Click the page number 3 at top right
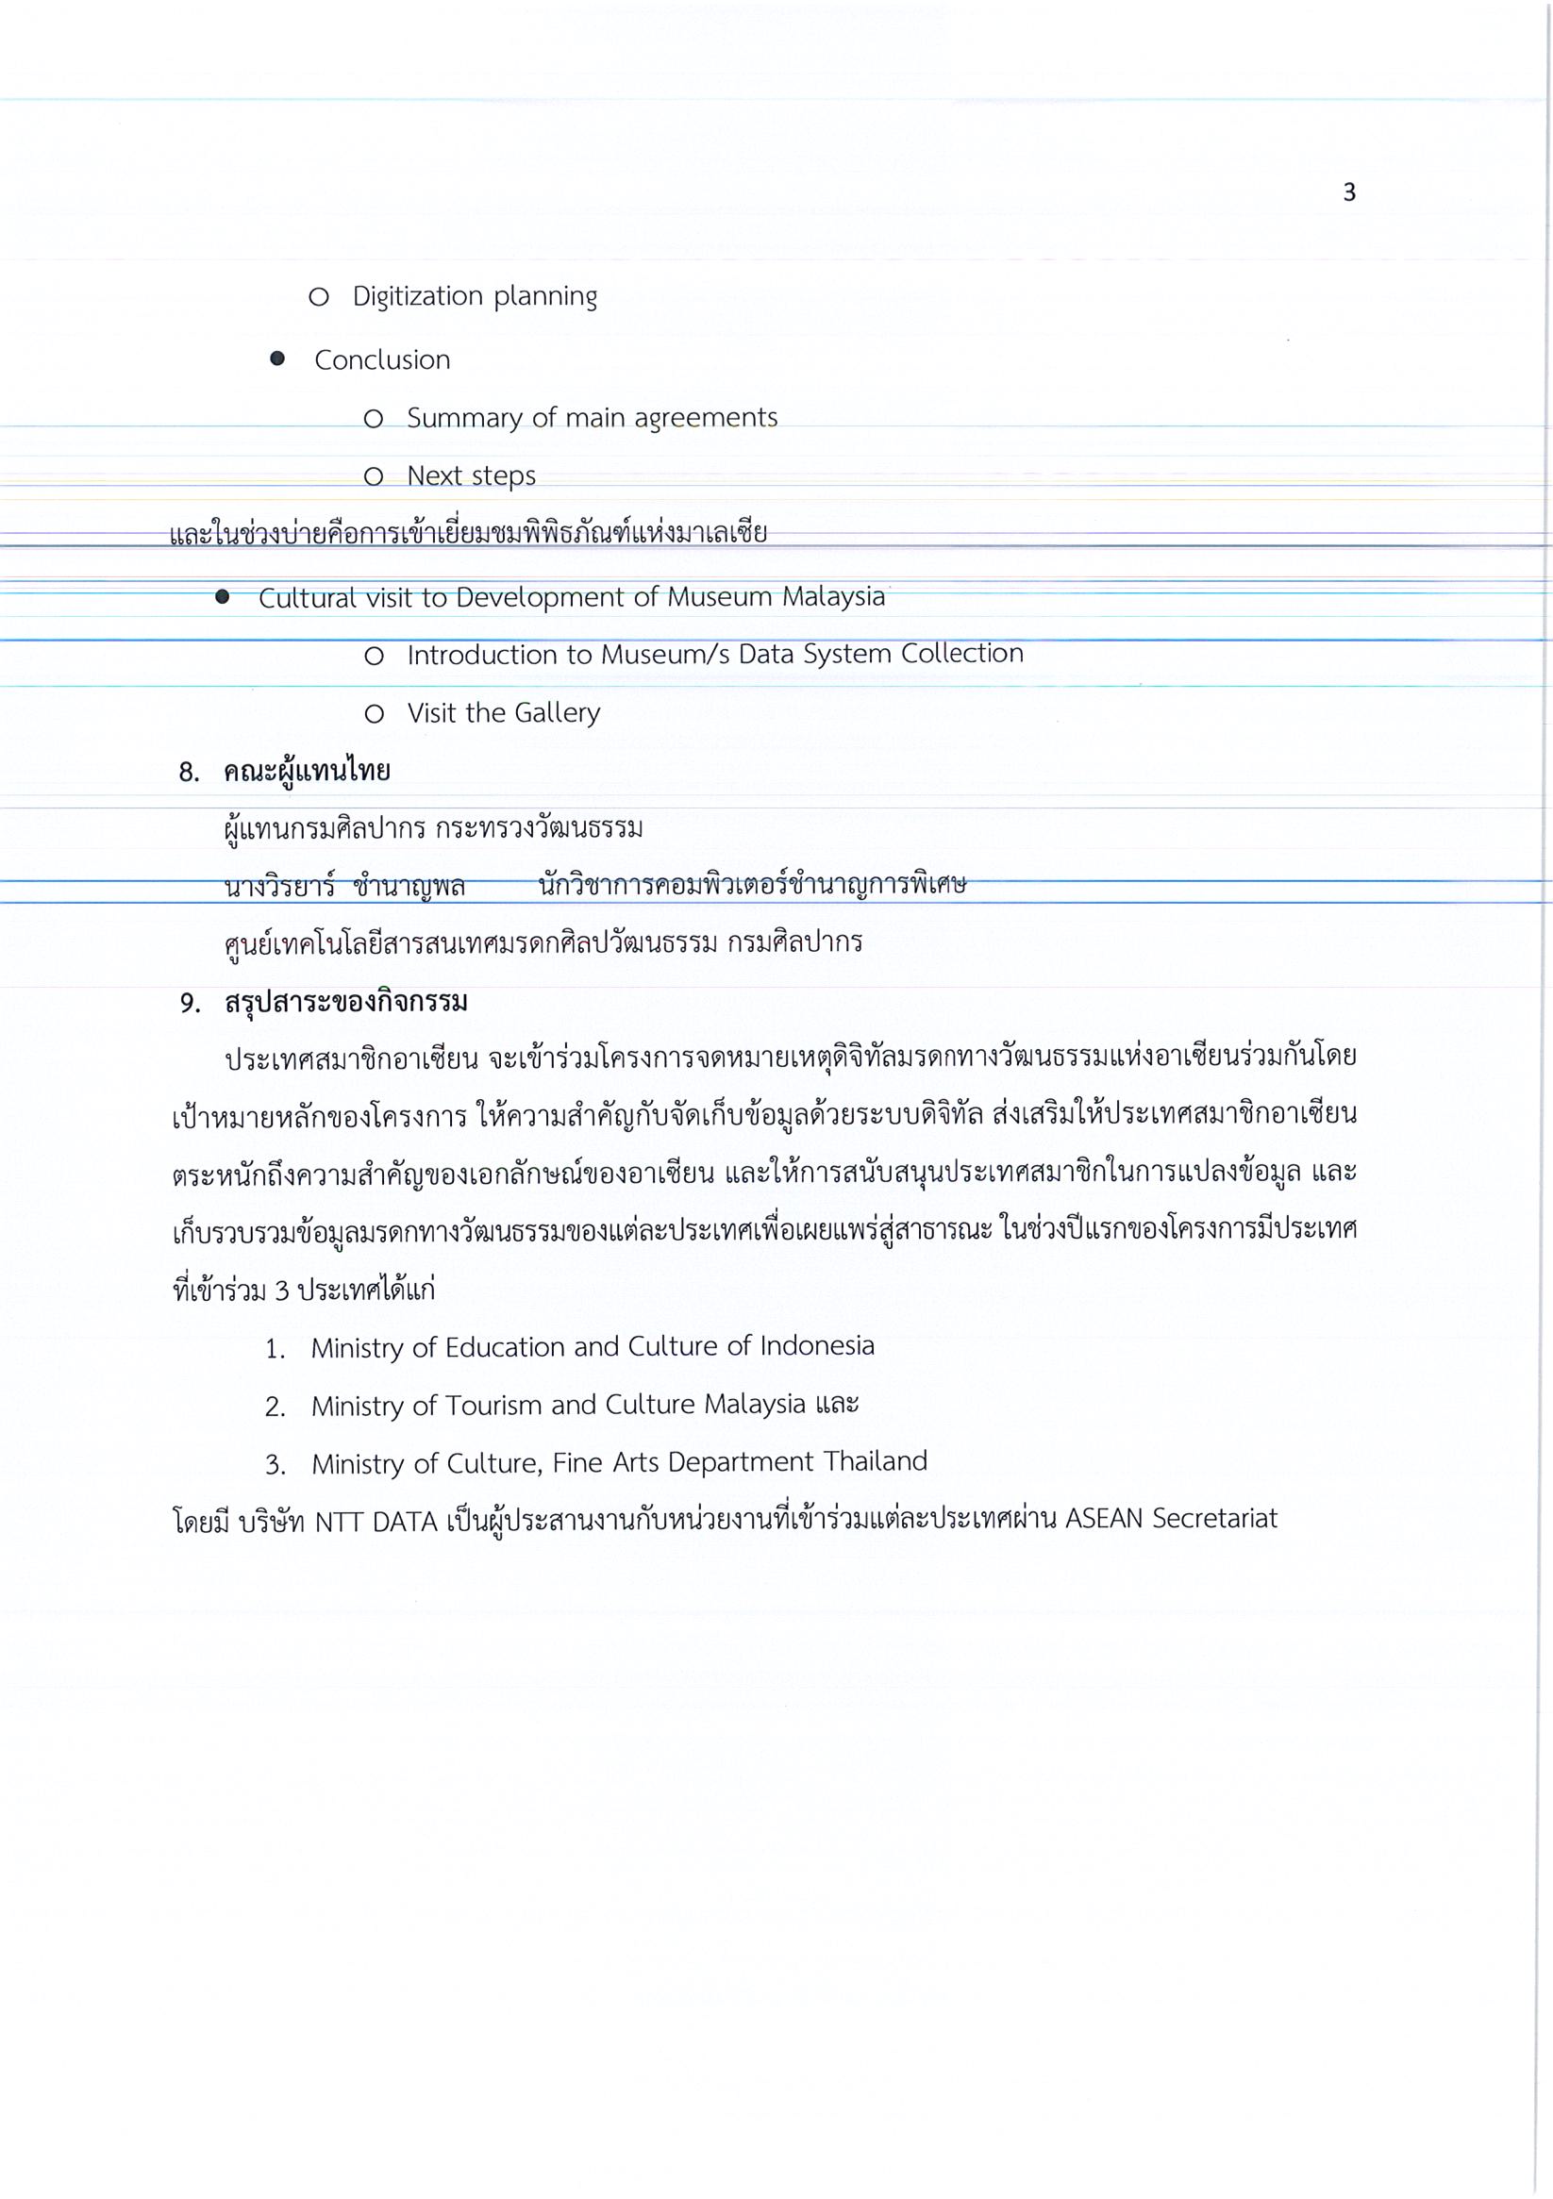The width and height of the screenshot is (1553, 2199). (x=1349, y=193)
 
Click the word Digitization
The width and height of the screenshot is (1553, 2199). (x=417, y=297)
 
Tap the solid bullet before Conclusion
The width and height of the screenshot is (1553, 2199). (x=277, y=359)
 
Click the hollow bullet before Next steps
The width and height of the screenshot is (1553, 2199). (x=374, y=476)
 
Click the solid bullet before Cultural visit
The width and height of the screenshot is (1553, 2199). (x=223, y=596)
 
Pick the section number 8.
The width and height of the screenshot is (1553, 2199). (x=189, y=772)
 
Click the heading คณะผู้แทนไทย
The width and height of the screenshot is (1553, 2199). (x=307, y=771)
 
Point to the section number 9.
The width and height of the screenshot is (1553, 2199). (x=190, y=1003)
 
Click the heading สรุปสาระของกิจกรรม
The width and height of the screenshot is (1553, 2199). (x=346, y=1002)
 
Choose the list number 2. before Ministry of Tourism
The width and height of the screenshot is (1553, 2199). (x=275, y=1407)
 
